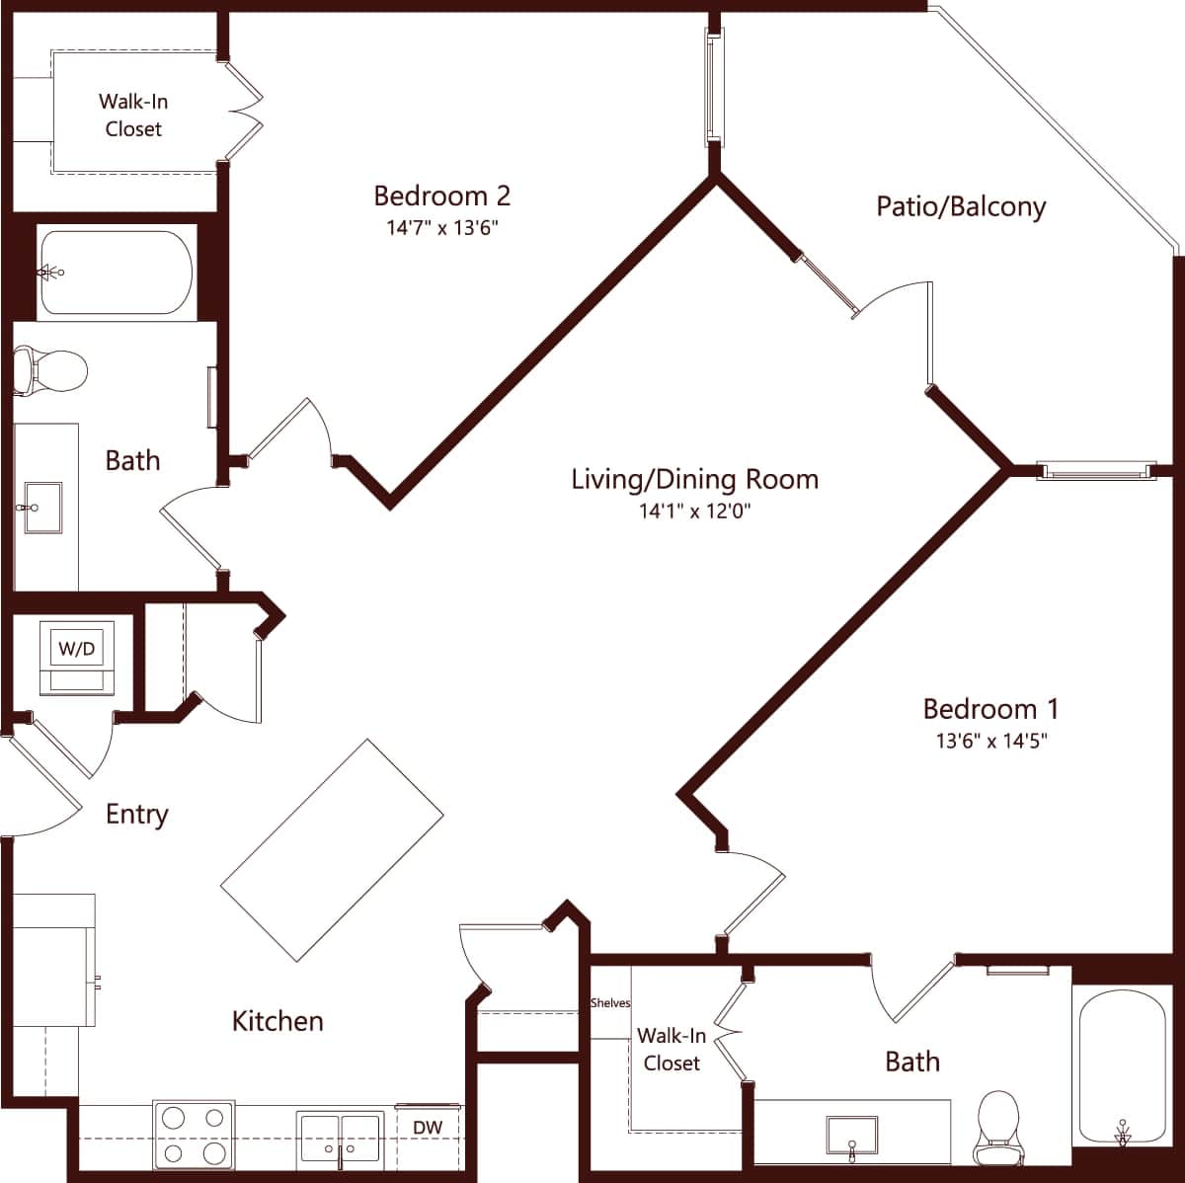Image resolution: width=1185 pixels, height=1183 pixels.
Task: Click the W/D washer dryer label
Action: pos(77,649)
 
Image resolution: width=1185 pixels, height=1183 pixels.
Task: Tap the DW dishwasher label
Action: pos(427,1127)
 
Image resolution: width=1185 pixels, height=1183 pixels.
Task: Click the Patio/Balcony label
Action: pos(960,206)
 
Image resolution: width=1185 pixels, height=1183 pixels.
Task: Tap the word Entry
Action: pos(137,815)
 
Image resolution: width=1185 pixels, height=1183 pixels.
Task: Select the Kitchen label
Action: pos(277,1021)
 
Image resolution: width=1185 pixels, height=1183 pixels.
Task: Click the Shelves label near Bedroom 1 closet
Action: pos(610,1003)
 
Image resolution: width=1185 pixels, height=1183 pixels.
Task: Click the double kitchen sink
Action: pos(341,1141)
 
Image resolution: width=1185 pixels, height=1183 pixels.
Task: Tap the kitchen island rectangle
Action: pos(332,850)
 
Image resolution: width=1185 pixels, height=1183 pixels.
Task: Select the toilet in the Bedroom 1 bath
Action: pos(996,1129)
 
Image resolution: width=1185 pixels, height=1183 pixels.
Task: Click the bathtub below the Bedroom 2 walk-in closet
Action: pos(116,273)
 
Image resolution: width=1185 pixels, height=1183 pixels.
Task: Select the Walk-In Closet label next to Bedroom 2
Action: pos(133,115)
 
